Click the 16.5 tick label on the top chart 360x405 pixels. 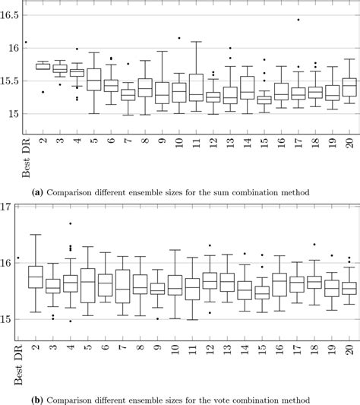(10, 14)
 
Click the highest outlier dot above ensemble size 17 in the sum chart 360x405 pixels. (298, 20)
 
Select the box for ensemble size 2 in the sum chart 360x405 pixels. (43, 66)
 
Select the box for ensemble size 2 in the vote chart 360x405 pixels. (35, 277)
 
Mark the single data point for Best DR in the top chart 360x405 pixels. (26, 43)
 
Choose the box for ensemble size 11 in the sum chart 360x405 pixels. (196, 87)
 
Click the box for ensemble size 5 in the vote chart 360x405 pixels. (87, 285)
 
